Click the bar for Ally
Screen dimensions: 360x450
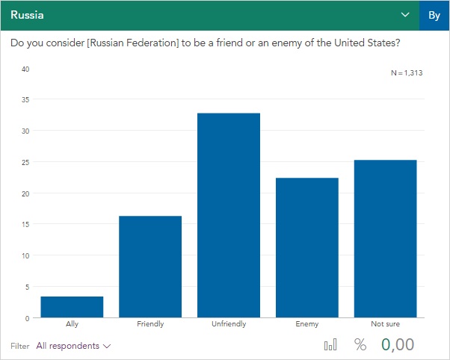tap(72, 307)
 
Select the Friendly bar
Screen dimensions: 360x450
tap(150, 267)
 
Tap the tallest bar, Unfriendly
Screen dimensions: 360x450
tap(229, 215)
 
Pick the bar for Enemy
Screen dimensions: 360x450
tap(306, 247)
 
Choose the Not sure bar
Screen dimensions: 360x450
tap(385, 238)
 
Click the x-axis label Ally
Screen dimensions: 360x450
tap(72, 324)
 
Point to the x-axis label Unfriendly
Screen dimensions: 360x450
tap(229, 324)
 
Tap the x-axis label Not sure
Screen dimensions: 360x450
tap(385, 324)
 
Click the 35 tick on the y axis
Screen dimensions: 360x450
tap(25, 99)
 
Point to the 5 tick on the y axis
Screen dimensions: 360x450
tap(27, 287)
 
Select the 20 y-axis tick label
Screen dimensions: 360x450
tap(25, 193)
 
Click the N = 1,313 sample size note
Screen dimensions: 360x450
tap(407, 72)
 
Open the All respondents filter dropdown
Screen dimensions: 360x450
tap(73, 346)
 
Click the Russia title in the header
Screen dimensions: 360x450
tap(27, 14)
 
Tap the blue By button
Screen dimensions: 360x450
tap(434, 15)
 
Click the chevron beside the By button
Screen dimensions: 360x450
tap(405, 15)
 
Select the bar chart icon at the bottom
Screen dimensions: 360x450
tap(330, 345)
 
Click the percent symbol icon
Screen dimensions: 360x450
tap(360, 345)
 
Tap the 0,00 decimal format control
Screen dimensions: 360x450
tap(398, 345)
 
